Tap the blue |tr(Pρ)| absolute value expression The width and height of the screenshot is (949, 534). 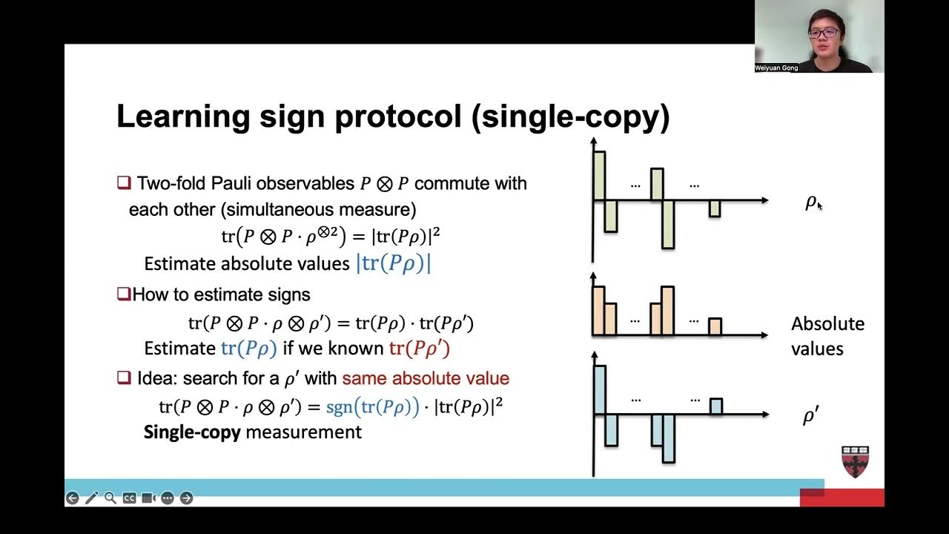click(x=394, y=263)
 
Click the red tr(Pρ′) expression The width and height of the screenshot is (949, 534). click(x=420, y=349)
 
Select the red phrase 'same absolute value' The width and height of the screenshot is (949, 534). click(x=426, y=378)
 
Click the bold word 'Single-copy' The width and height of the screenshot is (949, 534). click(x=192, y=432)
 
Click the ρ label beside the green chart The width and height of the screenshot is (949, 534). click(x=810, y=202)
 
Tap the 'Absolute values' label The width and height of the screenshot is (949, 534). click(x=827, y=335)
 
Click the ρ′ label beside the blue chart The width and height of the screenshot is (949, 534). click(x=810, y=417)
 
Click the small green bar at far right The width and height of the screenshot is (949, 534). click(x=714, y=208)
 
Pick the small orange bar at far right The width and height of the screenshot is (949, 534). click(x=715, y=326)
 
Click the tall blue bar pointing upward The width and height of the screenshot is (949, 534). click(x=599, y=389)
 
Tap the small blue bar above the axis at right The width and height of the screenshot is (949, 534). click(x=715, y=406)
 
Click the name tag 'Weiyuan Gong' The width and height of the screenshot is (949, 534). click(x=776, y=67)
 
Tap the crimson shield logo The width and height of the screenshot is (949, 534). click(x=855, y=461)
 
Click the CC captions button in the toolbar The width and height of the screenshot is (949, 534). click(x=129, y=498)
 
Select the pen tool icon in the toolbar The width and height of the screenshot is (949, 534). click(x=91, y=498)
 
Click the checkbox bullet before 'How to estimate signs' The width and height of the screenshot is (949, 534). click(x=124, y=294)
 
